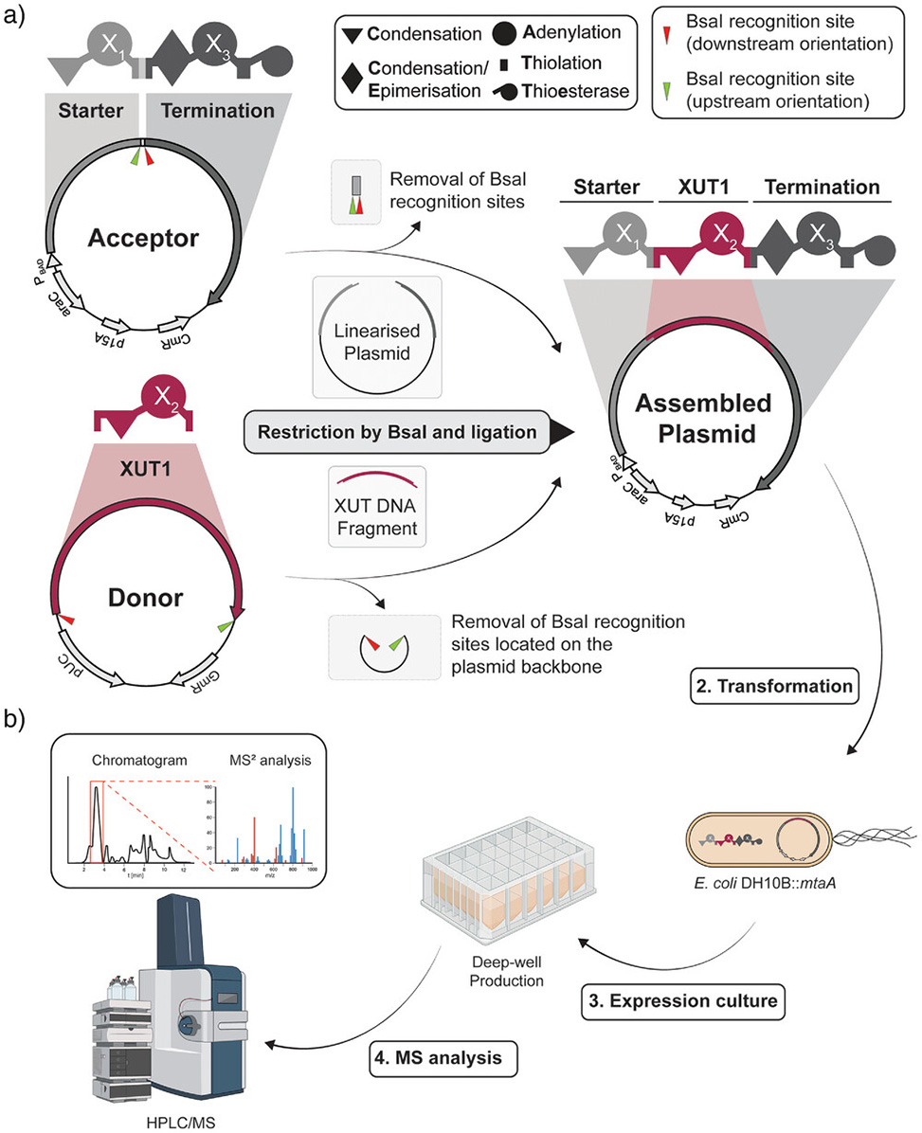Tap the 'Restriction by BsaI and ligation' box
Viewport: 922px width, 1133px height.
point(397,432)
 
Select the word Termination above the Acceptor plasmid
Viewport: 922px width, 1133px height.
point(218,111)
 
